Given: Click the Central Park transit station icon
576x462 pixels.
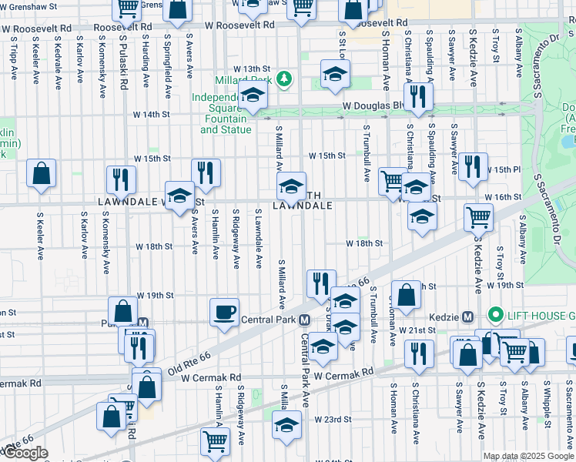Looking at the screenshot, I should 305,320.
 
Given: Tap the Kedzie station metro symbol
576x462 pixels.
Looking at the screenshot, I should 467,317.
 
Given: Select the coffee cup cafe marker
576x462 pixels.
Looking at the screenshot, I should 224,312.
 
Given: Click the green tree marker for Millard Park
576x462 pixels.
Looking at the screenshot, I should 284,79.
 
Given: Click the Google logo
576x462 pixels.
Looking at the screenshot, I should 25,453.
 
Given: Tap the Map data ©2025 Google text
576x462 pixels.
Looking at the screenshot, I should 528,456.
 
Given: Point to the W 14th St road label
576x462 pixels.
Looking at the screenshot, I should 151,114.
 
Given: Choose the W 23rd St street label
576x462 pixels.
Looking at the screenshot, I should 333,420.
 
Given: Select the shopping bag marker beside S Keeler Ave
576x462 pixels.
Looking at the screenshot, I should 41,173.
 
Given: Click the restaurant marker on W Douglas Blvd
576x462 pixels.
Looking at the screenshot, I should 418,96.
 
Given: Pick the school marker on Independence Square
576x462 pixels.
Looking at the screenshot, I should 252,97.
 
